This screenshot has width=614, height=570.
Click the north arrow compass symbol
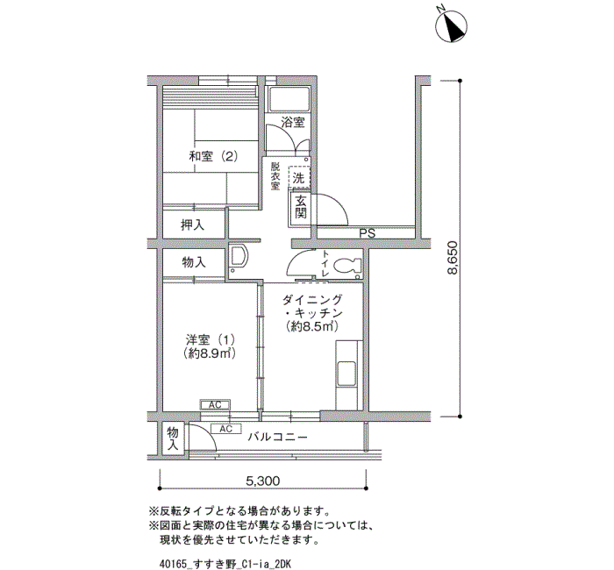coord(451,26)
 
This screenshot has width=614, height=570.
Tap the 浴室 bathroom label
coord(293,122)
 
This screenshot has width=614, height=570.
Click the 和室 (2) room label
coord(213,157)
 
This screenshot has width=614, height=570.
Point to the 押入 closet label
coord(192,225)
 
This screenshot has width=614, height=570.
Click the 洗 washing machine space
coord(299,177)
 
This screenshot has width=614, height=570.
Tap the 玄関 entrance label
coord(300,207)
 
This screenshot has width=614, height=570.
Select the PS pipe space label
coord(368,233)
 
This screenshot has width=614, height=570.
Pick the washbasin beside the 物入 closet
coord(238,259)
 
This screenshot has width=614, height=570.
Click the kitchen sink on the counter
coord(346,374)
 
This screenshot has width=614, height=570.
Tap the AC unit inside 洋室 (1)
coord(215,405)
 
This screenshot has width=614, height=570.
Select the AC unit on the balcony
coord(226,429)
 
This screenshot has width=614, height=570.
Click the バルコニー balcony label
coord(277,437)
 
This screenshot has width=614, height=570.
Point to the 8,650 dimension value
coord(453,258)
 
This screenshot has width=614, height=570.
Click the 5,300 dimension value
coord(263,481)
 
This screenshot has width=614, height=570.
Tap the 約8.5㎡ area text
coord(312,326)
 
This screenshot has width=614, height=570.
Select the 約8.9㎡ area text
coord(209,353)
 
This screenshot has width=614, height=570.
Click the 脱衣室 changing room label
coord(275,176)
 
